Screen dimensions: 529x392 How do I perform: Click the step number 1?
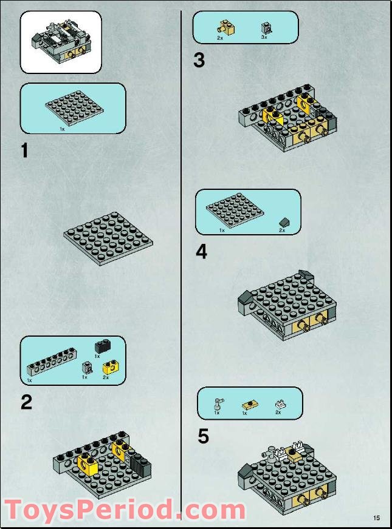[x=24, y=150]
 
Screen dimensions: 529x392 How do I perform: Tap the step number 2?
[x=26, y=402]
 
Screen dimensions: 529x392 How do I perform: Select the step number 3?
[x=199, y=61]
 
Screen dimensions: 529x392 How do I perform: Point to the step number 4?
[x=201, y=252]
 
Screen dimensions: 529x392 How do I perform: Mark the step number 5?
[x=203, y=436]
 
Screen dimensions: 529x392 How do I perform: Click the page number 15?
[x=377, y=517]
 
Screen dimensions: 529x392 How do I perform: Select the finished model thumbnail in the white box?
[x=61, y=42]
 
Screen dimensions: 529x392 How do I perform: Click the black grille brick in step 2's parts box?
[x=101, y=346]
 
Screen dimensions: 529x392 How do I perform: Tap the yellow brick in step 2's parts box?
[x=109, y=366]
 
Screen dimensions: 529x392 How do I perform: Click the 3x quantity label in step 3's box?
[x=264, y=38]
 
